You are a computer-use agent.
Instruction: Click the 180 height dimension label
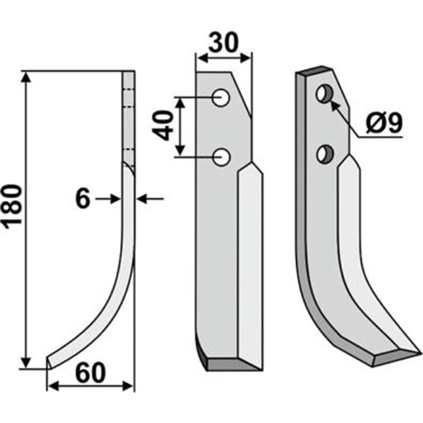[x=12, y=205]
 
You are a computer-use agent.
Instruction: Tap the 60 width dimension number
[x=91, y=373]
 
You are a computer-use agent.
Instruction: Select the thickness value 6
[x=83, y=199]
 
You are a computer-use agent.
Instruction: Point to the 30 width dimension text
[x=223, y=43]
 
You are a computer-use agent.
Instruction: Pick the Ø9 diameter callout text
[x=383, y=123]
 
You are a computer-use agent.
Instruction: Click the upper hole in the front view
[x=221, y=98]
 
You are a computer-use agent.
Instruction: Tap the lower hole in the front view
[x=222, y=157]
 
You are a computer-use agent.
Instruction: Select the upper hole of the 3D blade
[x=325, y=94]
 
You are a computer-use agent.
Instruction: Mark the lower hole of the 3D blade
[x=325, y=154]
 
